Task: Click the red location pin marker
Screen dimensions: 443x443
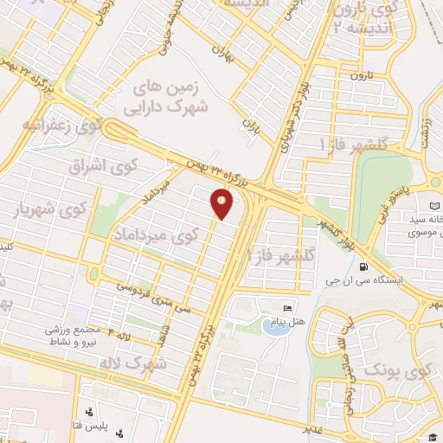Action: (221, 204)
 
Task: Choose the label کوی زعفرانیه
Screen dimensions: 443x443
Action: (66, 124)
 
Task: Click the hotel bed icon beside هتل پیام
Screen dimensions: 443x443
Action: (287, 308)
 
